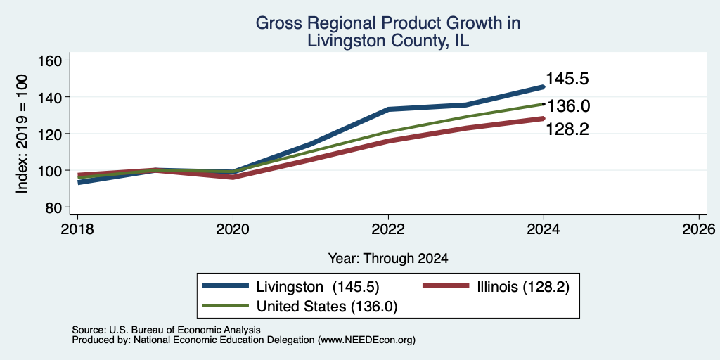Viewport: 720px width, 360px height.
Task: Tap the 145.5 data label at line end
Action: click(567, 79)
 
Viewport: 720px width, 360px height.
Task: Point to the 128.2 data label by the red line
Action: click(567, 129)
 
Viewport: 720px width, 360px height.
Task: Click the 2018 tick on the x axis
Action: click(78, 229)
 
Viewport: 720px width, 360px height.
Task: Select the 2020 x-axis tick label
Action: click(233, 229)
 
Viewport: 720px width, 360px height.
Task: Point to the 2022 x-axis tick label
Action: click(388, 229)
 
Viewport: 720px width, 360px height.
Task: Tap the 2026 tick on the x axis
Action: click(699, 229)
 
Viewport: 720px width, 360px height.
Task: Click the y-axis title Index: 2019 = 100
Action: click(22, 134)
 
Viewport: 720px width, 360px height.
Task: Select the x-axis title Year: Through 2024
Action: click(388, 259)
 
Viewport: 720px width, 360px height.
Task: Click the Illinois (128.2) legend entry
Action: click(496, 287)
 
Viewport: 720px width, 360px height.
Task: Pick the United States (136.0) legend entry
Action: click(300, 307)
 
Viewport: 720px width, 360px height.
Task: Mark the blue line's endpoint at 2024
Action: click(544, 86)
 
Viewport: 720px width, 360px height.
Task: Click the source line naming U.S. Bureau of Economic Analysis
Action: click(166, 330)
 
